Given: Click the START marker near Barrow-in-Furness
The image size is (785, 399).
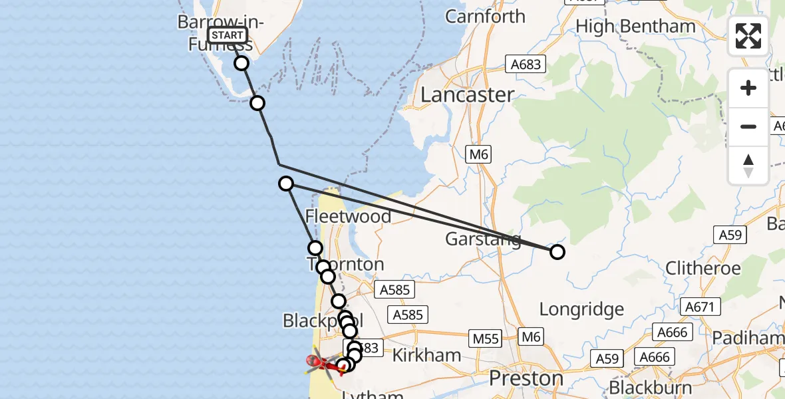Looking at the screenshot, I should tap(228, 35).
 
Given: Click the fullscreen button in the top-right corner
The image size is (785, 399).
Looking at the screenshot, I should tap(748, 35).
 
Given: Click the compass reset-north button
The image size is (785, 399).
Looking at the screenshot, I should tap(748, 165).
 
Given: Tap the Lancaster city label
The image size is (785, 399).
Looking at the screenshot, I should tap(468, 94).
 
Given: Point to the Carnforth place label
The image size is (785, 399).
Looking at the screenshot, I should tap(485, 16).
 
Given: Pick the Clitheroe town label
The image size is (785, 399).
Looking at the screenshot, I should tap(703, 269).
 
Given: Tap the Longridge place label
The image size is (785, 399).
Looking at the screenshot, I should tap(581, 309).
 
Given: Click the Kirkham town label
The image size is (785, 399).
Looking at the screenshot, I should tap(426, 355).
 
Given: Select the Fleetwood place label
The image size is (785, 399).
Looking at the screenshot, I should tap(348, 216).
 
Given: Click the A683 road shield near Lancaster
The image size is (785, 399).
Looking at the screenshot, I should tap(526, 64).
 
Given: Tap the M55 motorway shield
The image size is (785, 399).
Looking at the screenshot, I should tap(485, 338).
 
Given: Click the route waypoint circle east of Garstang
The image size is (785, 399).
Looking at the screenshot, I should tap(557, 252).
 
